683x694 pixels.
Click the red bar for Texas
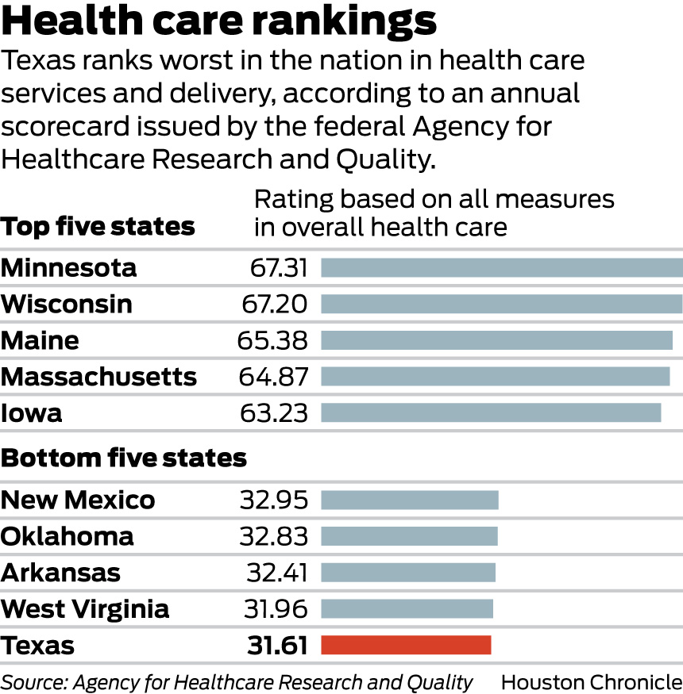(x=406, y=645)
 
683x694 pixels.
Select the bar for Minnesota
(x=501, y=267)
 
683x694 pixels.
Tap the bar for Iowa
(x=491, y=412)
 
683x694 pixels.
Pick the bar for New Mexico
(x=409, y=500)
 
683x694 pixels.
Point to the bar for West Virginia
(x=407, y=608)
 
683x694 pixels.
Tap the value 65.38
(x=272, y=340)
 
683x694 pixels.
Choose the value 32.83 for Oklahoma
(x=273, y=536)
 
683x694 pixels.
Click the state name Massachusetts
(x=98, y=376)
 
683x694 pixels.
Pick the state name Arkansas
(x=61, y=573)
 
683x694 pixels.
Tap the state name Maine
(x=40, y=340)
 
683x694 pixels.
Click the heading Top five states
(x=98, y=227)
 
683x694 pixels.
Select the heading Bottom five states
(x=124, y=458)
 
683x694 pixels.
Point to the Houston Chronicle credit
(x=591, y=681)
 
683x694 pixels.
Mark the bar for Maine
(x=496, y=340)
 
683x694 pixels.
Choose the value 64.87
(x=273, y=376)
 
